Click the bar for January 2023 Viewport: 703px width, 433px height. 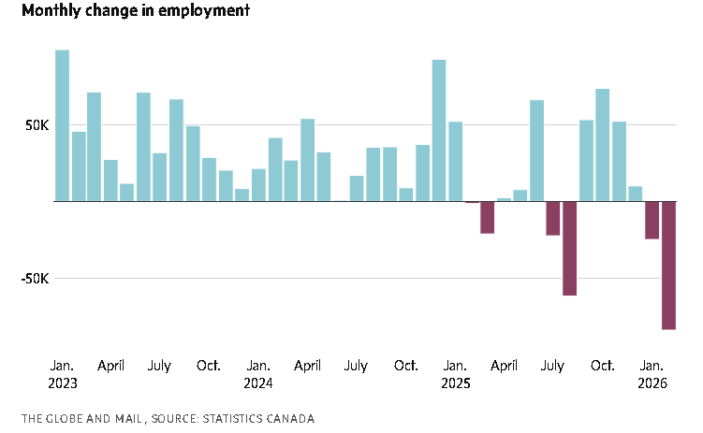pyautogui.click(x=62, y=125)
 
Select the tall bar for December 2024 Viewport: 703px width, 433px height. pyautogui.click(x=439, y=130)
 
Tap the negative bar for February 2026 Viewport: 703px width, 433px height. pyautogui.click(x=668, y=265)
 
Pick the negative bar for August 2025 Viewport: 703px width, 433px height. pyautogui.click(x=570, y=248)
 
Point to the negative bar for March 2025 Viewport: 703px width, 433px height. pyautogui.click(x=488, y=217)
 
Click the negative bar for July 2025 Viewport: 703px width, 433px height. pyautogui.click(x=553, y=218)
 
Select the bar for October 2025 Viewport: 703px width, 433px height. pyautogui.click(x=603, y=145)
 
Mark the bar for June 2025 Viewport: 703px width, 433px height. pyautogui.click(x=537, y=151)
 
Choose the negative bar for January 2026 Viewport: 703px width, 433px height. pyautogui.click(x=652, y=220)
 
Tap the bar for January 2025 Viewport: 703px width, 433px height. pyautogui.click(x=455, y=161)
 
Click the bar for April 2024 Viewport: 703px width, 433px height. pyautogui.click(x=307, y=160)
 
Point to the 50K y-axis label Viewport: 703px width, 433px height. pyautogui.click(x=37, y=125)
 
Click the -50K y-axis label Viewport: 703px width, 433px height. pyautogui.click(x=34, y=279)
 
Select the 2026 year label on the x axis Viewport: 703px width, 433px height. pyautogui.click(x=652, y=383)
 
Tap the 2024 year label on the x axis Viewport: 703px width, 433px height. pyautogui.click(x=258, y=383)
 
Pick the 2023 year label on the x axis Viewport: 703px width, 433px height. pyautogui.click(x=62, y=383)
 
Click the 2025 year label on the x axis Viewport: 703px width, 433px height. pyautogui.click(x=456, y=383)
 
